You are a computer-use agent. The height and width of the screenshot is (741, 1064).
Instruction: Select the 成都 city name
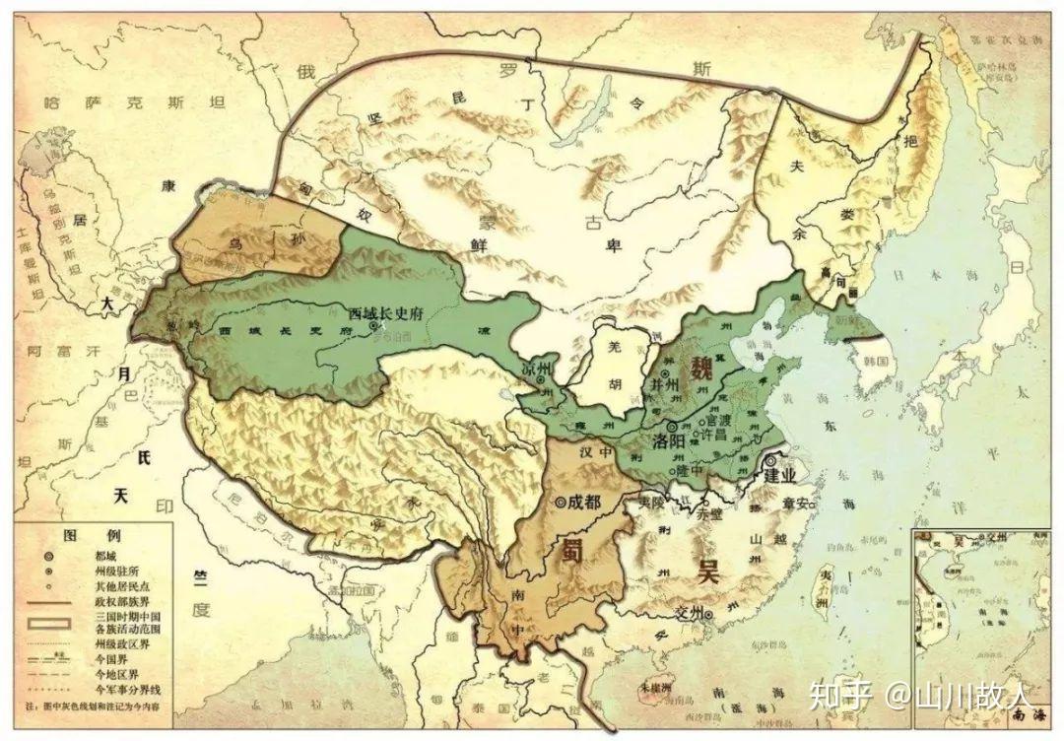click(584, 502)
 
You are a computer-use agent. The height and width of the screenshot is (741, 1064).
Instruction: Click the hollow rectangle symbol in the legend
click(46, 623)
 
